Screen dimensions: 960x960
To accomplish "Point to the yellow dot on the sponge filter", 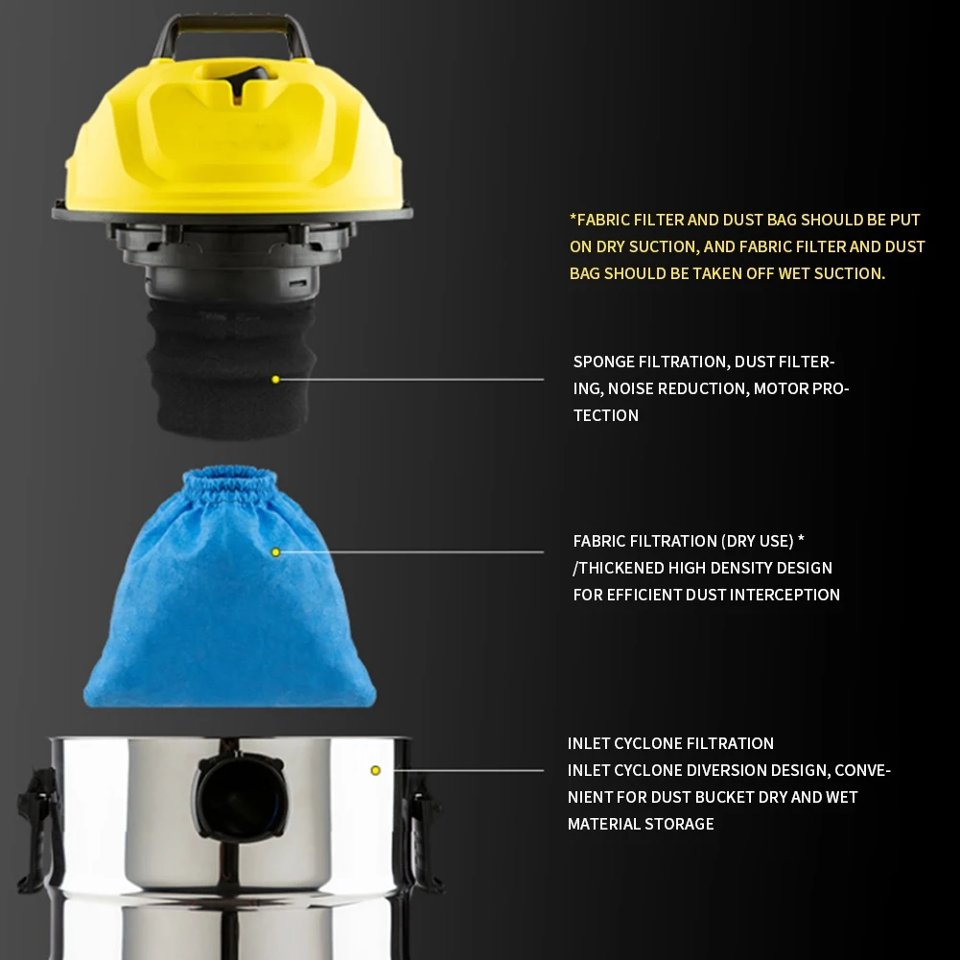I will pyautogui.click(x=275, y=380).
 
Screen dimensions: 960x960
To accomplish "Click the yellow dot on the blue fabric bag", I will pyautogui.click(x=275, y=552).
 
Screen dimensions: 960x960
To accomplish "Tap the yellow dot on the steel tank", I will pyautogui.click(x=375, y=770).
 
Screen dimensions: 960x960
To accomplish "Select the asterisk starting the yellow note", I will pyautogui.click(x=574, y=220).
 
